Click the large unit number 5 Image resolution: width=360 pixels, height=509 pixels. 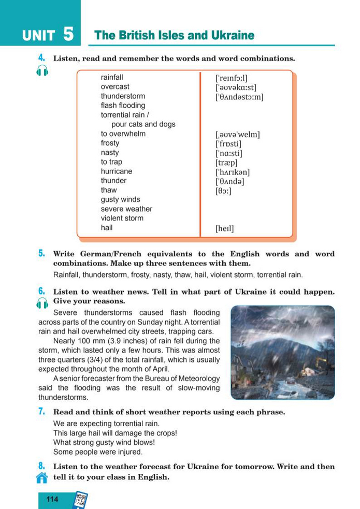pos(68,34)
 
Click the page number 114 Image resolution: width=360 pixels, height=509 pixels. pos(52,499)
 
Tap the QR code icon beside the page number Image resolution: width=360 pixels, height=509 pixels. pos(80,500)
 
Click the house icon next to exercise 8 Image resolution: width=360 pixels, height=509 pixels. pos(42,477)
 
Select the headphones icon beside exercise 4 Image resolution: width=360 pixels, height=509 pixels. pos(42,71)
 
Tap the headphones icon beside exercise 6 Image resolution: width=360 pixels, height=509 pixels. pos(42,304)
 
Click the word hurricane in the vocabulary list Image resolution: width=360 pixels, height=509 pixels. pos(117,171)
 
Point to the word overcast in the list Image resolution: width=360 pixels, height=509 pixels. pos(115,87)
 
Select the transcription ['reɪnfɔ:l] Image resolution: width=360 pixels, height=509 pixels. pos(235,78)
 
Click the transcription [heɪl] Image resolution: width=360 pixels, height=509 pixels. pos(224,228)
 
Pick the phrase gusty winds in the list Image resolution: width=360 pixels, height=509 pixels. pos(120,199)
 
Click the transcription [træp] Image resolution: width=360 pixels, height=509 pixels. pos(226,162)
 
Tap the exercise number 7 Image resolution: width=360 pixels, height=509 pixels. pos(41,412)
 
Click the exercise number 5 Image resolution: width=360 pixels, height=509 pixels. pos(41,254)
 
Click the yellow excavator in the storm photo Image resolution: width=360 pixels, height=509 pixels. pos(321,361)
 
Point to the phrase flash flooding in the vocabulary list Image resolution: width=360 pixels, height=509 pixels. pos(123,106)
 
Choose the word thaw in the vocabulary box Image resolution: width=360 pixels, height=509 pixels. pos(109,190)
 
